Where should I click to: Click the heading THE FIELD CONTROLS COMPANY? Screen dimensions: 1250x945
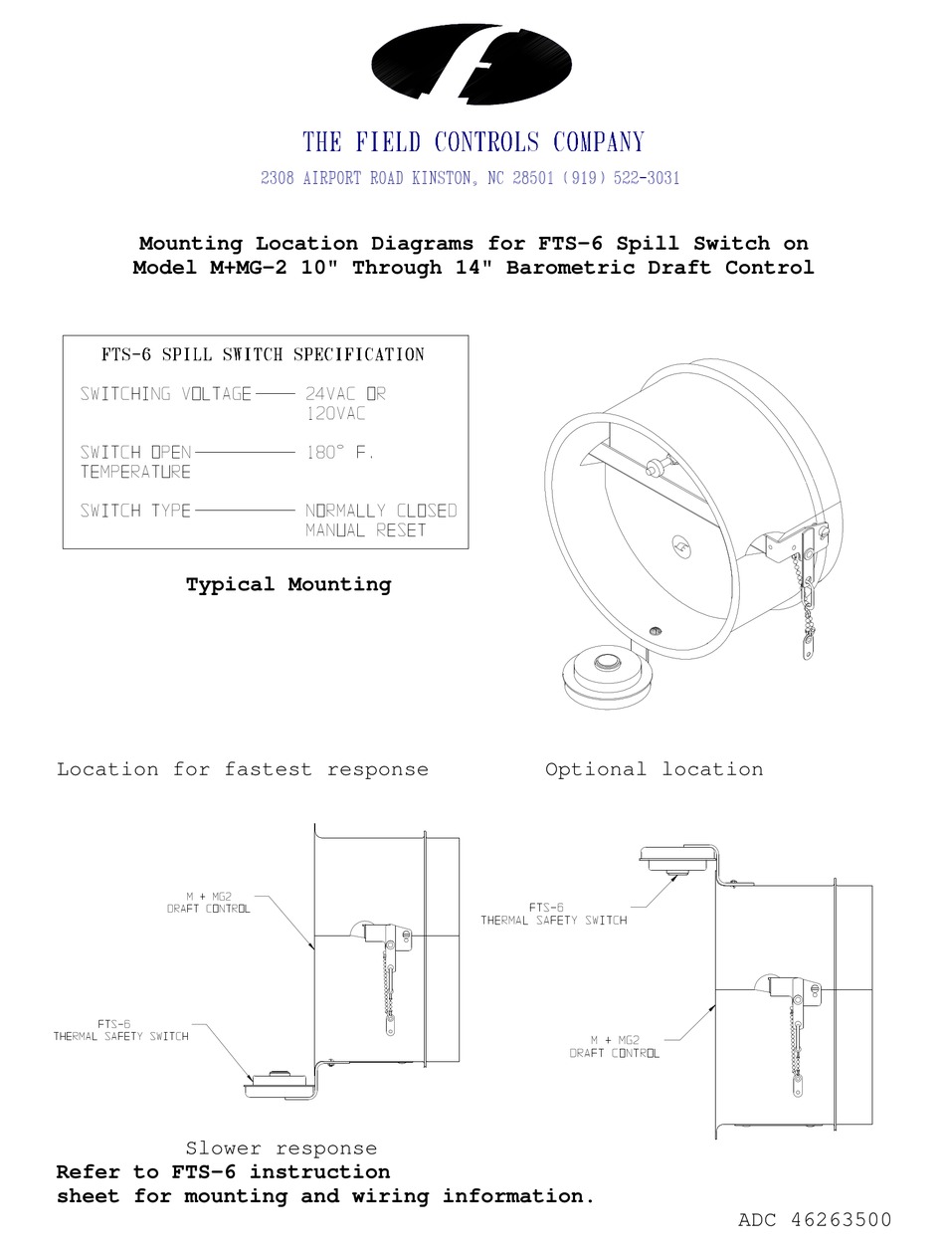[x=473, y=142]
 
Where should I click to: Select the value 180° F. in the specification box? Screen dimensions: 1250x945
[x=339, y=452]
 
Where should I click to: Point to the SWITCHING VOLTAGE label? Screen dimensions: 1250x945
[x=166, y=394]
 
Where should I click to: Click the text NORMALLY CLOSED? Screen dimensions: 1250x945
[x=381, y=511]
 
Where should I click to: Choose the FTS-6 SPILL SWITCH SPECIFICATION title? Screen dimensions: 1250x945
[x=263, y=354]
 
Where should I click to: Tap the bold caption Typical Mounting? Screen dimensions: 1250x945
[x=288, y=584]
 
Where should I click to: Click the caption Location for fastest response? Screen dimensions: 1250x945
[x=243, y=769]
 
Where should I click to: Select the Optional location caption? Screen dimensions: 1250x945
[x=655, y=769]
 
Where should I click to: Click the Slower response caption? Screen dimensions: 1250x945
[x=282, y=1149]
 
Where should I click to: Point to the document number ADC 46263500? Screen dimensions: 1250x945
[x=815, y=1220]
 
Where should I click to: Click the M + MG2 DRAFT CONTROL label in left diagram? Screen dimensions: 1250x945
[x=209, y=903]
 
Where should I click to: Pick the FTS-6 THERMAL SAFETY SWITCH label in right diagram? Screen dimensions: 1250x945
[x=554, y=914]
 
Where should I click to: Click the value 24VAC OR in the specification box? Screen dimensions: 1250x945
[x=345, y=394]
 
